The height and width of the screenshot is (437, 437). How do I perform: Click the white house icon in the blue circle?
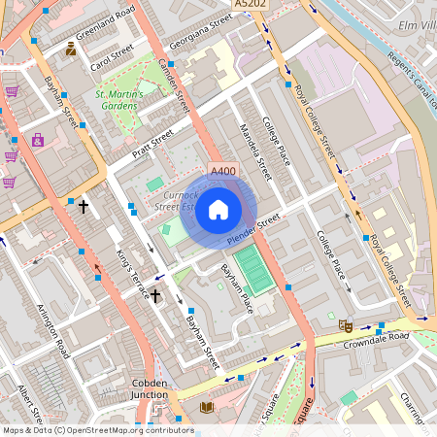click(218, 209)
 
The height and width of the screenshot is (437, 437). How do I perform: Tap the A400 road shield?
click(223, 172)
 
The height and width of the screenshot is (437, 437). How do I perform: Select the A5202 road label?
click(264, 5)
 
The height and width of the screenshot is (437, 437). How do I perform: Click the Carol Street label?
click(111, 61)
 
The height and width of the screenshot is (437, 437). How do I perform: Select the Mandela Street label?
click(252, 140)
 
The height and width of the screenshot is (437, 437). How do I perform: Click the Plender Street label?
click(252, 229)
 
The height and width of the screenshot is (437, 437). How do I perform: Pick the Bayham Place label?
click(236, 287)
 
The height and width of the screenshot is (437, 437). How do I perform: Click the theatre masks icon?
click(345, 327)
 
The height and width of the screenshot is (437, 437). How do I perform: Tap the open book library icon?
click(206, 407)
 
